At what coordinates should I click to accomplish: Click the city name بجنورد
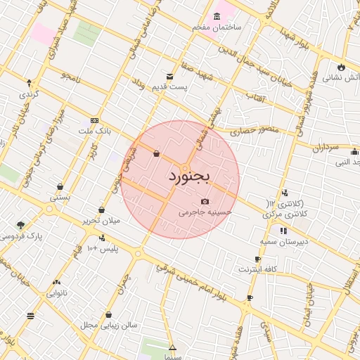[190, 176]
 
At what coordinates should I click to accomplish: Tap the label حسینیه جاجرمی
[205, 211]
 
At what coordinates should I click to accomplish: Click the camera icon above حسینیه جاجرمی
[205, 201]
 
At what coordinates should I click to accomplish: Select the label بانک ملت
[94, 131]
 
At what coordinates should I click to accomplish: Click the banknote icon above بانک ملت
[94, 121]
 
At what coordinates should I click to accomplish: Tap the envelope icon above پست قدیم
[169, 77]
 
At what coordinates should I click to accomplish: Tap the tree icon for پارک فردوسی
[20, 226]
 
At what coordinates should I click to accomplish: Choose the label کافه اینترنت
[258, 269]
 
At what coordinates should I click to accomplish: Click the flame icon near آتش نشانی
[341, 67]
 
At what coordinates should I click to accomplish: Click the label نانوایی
[56, 292]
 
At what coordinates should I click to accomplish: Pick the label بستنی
[60, 198]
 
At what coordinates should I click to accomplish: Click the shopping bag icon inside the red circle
[155, 153]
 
